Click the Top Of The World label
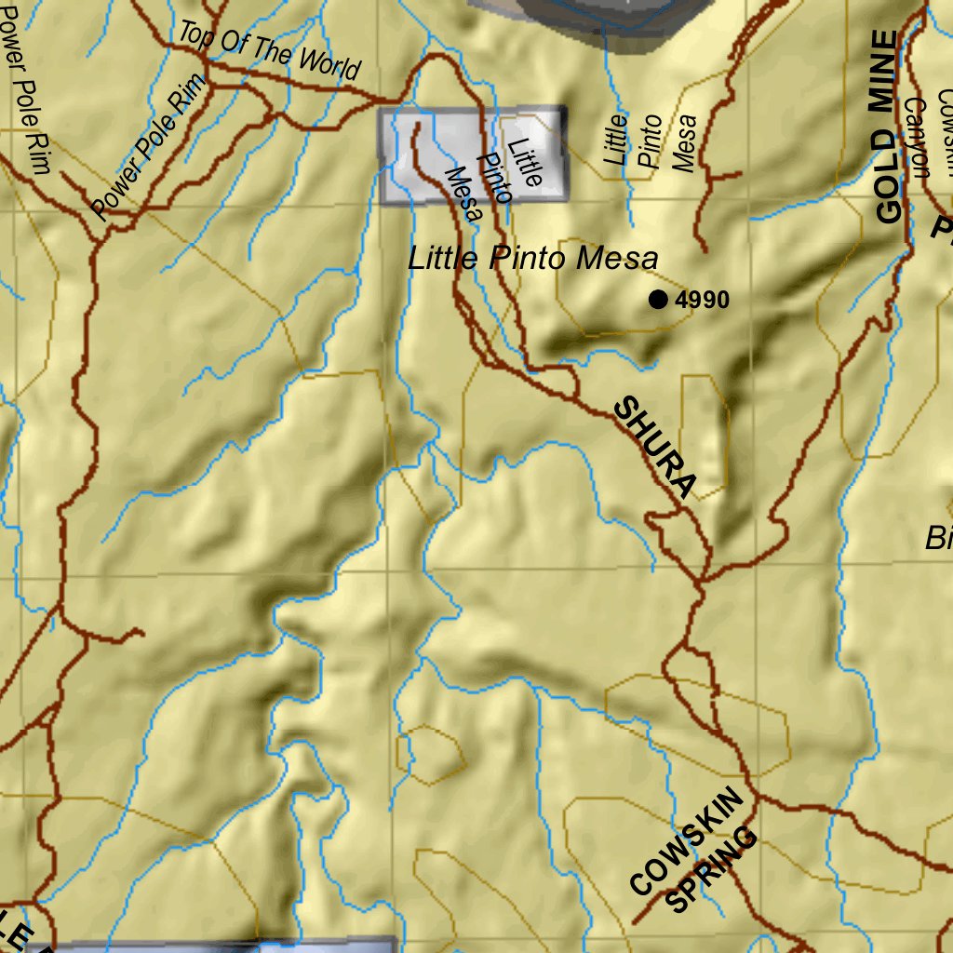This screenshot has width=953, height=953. tap(268, 51)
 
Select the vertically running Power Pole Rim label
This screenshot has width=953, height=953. tap(25, 93)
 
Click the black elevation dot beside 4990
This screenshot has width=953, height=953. tap(659, 299)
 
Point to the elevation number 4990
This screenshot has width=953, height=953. tap(703, 300)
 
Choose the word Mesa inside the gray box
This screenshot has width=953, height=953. tap(463, 194)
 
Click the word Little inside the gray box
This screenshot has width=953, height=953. tap(524, 160)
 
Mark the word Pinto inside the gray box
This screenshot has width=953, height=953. tap(493, 177)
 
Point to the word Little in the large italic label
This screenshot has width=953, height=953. tap(447, 259)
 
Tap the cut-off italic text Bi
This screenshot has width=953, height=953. tap(938, 538)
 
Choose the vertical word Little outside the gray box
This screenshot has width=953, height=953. tap(616, 140)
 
